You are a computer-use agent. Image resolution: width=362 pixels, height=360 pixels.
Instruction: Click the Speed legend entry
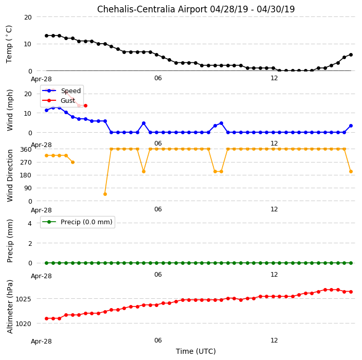point(61,91)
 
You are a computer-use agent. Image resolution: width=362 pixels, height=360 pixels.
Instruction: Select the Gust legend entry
point(59,100)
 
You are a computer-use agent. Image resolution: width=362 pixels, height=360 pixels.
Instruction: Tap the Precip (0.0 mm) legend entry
point(77,222)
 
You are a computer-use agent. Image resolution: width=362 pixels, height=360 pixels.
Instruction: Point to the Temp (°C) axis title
point(9,44)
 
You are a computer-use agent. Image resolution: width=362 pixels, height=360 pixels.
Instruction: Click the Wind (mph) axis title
point(10,110)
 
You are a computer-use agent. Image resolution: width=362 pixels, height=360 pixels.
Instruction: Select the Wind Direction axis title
point(10,176)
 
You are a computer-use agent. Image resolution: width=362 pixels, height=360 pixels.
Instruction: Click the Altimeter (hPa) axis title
point(10,307)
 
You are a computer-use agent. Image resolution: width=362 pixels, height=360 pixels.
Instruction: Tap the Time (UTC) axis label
point(196,351)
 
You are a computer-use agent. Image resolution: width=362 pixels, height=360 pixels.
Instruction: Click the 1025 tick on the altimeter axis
point(23,299)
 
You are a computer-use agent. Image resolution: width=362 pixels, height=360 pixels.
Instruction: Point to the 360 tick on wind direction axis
point(26,150)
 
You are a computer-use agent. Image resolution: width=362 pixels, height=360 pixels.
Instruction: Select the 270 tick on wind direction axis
point(26,163)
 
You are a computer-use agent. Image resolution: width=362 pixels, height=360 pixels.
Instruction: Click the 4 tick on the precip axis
point(30,223)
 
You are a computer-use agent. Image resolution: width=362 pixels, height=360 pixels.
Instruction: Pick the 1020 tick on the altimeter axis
point(23,324)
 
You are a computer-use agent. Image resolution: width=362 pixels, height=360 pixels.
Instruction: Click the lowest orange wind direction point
point(105,194)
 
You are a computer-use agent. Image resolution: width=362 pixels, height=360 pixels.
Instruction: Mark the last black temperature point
point(351,55)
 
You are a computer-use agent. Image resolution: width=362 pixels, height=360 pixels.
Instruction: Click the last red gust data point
point(85,105)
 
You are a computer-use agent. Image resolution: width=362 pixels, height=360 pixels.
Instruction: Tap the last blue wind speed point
point(351,126)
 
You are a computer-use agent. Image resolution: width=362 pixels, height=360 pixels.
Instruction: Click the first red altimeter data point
point(46,318)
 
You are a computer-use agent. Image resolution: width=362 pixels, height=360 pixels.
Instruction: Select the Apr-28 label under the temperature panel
point(41,79)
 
